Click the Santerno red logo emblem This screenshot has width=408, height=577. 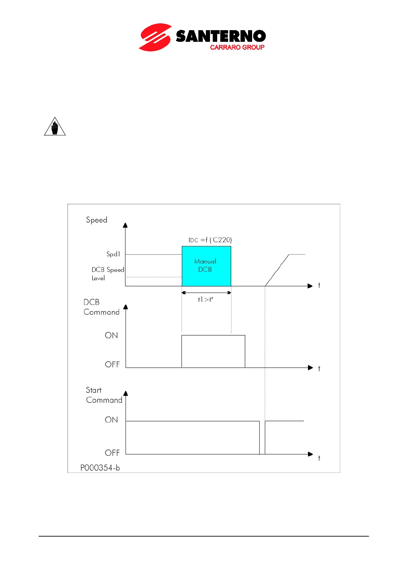click(155, 37)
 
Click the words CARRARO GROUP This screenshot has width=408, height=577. click(237, 47)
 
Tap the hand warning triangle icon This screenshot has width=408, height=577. click(55, 127)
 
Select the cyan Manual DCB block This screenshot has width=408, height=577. click(206, 266)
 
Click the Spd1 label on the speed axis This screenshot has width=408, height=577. click(113, 254)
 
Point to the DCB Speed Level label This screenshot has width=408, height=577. click(107, 274)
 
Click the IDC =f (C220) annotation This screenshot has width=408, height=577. click(210, 240)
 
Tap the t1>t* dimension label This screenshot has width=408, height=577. click(206, 299)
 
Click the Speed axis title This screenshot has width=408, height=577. click(97, 220)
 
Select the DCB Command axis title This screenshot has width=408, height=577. click(101, 307)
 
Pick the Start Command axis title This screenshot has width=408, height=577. click(104, 395)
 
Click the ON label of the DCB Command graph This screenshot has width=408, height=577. click(111, 335)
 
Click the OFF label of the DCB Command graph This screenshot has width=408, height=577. click(112, 365)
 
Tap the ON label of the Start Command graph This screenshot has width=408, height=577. click(111, 420)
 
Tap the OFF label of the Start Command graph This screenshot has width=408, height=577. click(112, 453)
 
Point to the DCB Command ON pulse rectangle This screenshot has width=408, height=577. click(213, 351)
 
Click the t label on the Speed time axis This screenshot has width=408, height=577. click(319, 285)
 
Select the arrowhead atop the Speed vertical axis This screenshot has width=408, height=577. click(125, 225)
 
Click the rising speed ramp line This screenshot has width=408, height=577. click(277, 270)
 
